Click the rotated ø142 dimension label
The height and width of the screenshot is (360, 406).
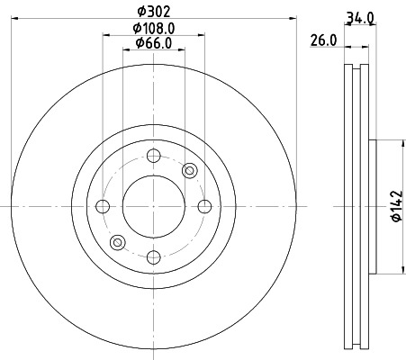click(392, 206)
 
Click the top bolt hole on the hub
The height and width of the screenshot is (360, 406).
click(152, 154)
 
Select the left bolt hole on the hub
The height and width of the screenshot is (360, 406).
click(102, 206)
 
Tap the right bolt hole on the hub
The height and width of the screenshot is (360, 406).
click(203, 206)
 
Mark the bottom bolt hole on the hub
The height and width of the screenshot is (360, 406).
click(152, 257)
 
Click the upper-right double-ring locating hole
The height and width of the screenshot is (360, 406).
click(189, 170)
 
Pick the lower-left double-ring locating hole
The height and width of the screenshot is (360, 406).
click(116, 242)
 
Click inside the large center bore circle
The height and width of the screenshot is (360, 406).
click(152, 206)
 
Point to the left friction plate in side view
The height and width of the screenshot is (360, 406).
click(348, 206)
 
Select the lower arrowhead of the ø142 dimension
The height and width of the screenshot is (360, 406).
click(401, 267)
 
